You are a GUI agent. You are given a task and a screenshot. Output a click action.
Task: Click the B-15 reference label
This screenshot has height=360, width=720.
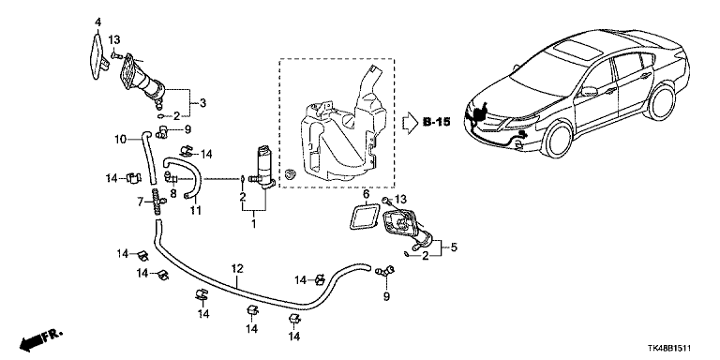[x=436, y=122]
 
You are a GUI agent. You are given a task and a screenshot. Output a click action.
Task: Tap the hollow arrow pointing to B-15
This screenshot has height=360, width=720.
[x=410, y=123]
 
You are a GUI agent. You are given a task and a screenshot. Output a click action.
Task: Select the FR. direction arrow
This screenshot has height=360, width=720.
[x=40, y=340]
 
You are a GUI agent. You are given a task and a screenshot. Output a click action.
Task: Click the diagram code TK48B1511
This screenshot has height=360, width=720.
[x=669, y=349]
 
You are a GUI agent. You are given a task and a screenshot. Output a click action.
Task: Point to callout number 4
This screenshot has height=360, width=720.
[x=97, y=22]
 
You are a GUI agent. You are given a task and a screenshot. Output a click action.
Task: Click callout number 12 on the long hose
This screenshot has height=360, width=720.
[x=236, y=269]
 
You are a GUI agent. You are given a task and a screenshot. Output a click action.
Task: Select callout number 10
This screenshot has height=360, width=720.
[x=120, y=138]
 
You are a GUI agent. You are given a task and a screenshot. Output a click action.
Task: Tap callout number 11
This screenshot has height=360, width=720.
[x=196, y=210]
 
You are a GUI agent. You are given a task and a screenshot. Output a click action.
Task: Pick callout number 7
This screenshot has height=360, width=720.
[x=141, y=201]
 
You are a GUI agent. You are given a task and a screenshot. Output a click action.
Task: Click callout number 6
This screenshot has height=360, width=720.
[x=366, y=194]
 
